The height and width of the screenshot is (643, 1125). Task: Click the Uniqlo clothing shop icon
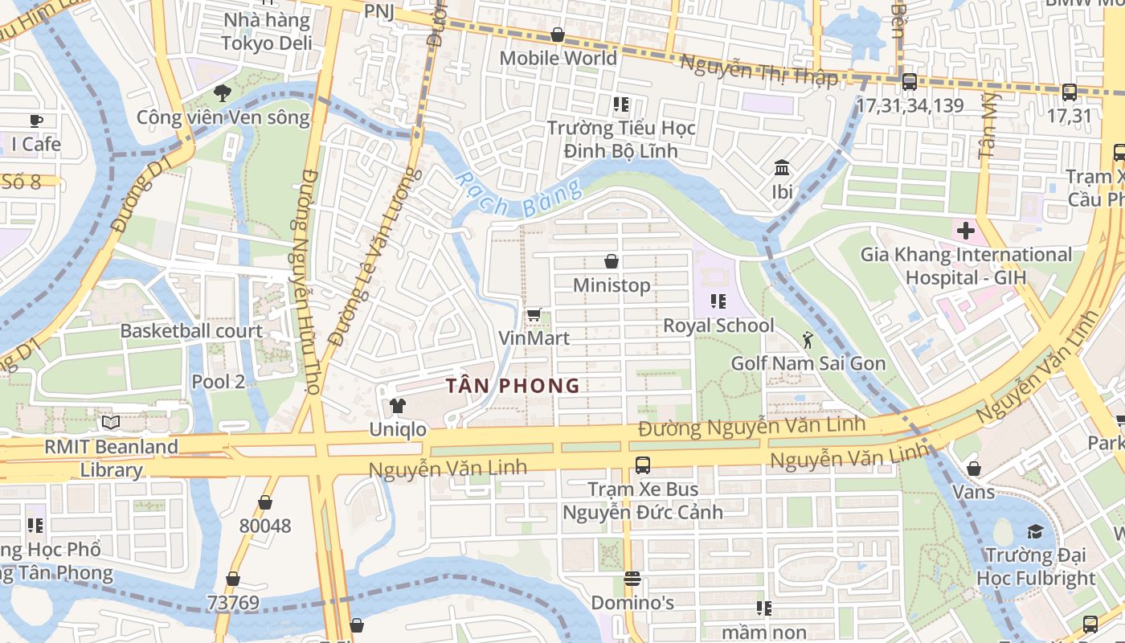397,406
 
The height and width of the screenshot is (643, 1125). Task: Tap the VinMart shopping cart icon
534,314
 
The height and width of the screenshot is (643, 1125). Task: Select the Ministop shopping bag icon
612,261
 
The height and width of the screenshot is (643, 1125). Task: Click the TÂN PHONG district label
513,386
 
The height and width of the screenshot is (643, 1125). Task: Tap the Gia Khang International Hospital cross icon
965,231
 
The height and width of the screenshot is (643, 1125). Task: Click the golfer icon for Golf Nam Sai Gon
808,340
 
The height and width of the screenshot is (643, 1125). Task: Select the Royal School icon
718,301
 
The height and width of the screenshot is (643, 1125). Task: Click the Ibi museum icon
782,168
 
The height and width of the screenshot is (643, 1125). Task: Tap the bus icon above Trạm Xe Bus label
643,465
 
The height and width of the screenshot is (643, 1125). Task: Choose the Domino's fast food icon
632,579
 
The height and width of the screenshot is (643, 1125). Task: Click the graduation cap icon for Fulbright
1034,531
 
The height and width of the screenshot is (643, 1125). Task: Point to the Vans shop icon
974,469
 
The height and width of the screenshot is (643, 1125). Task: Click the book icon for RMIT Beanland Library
111,423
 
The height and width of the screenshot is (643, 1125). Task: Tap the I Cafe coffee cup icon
36,121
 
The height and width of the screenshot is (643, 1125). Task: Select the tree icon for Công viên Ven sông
223,94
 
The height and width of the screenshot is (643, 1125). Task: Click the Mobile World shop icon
558,35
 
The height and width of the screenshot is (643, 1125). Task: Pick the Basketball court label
191,330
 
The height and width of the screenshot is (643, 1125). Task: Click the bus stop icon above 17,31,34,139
910,81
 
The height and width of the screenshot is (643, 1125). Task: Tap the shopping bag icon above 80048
265,503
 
